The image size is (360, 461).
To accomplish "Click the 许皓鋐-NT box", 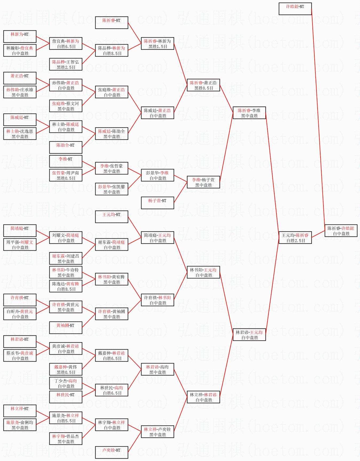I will [295, 9].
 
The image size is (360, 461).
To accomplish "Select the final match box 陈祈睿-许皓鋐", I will [341, 231].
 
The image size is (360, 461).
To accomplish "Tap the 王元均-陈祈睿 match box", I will [295, 238].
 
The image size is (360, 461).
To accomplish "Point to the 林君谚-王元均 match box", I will [249, 335].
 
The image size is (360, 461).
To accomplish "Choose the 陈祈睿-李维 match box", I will [249, 113].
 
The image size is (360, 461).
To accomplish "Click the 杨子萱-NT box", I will [157, 203].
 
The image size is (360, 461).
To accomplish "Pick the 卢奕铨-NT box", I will [112, 452].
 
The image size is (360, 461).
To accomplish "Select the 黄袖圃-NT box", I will [66, 327].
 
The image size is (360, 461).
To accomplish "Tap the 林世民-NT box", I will [66, 397].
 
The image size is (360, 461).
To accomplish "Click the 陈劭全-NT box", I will [66, 147].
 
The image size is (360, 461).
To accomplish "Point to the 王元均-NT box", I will [112, 217].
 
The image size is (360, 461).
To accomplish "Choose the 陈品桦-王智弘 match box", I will [66, 65].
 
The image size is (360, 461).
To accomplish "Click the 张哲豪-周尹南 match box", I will [66, 175].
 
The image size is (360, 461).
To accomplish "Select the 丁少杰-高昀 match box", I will [66, 383].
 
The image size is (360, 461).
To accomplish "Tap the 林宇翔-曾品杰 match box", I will [66, 439].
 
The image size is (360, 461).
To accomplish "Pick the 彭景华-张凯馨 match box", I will [112, 189].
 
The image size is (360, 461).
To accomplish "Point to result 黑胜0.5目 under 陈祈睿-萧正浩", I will [204, 88].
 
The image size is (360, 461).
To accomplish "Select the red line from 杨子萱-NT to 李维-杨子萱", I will [180, 192].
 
